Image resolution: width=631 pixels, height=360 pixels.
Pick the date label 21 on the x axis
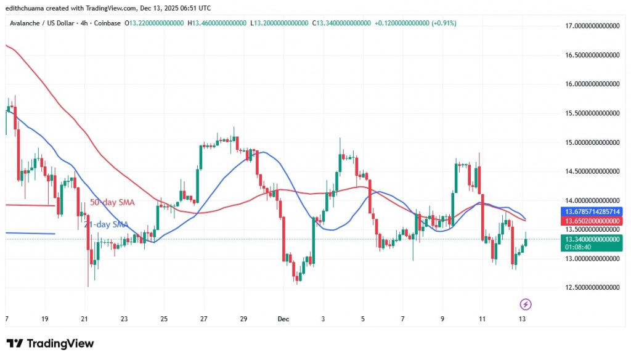(x=84, y=319)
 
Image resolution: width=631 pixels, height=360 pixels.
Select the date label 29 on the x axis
(x=243, y=319)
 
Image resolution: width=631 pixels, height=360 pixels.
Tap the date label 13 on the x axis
(x=522, y=319)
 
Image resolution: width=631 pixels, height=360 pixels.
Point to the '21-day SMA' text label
(x=107, y=224)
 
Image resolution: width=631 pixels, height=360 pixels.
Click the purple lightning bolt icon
(x=525, y=304)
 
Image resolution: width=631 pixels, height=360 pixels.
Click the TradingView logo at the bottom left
(x=51, y=343)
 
